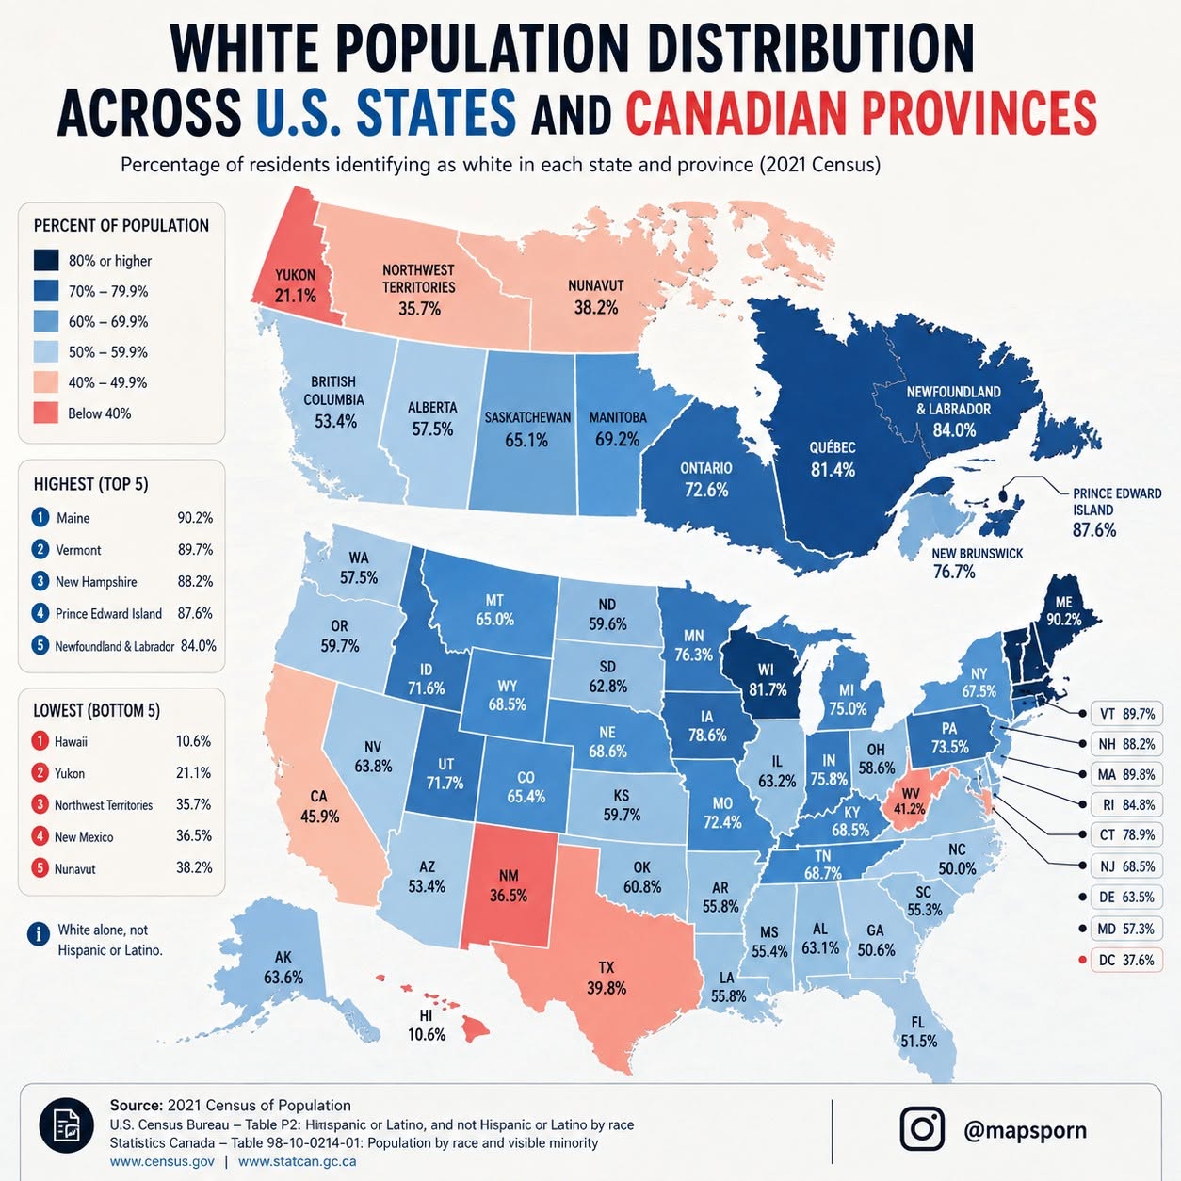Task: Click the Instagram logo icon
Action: point(922,1129)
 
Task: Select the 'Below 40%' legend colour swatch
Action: point(46,413)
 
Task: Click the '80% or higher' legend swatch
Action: point(46,261)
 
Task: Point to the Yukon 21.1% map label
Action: point(296,285)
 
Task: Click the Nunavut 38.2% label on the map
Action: point(596,297)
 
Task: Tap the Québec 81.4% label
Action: point(833,459)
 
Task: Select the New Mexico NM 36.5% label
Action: point(508,885)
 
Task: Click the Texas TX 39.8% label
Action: point(607,978)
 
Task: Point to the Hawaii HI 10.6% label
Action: point(427,1026)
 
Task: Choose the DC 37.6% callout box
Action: point(1126,960)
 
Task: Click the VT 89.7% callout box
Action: point(1126,713)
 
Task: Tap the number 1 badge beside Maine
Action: point(40,517)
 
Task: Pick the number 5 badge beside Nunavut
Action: point(40,867)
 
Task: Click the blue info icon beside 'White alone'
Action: point(39,934)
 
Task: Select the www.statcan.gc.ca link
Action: point(297,1161)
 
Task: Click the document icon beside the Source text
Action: point(66,1125)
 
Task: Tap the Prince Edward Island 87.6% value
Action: point(1094,529)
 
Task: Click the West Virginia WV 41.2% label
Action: point(910,801)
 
